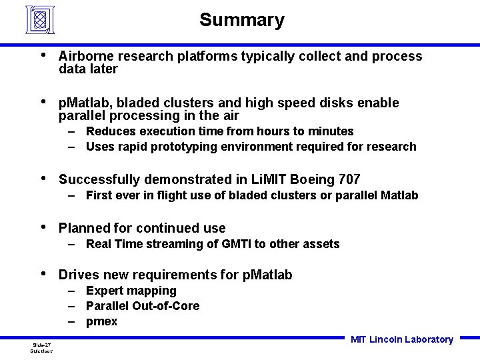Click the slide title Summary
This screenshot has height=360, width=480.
(x=241, y=20)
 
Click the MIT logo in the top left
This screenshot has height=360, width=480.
(x=40, y=19)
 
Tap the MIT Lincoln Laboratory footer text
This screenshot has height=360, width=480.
(x=401, y=339)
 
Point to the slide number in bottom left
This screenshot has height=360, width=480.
(x=41, y=345)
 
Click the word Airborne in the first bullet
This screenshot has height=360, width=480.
(x=83, y=56)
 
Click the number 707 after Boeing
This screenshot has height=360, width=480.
(x=349, y=179)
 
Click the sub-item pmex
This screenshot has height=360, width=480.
(x=101, y=321)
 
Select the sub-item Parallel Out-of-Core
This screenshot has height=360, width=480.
(x=142, y=306)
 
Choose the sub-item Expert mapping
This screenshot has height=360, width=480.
(x=131, y=291)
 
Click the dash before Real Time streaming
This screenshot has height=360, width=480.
(x=71, y=244)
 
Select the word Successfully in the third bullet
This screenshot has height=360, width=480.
(x=99, y=179)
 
